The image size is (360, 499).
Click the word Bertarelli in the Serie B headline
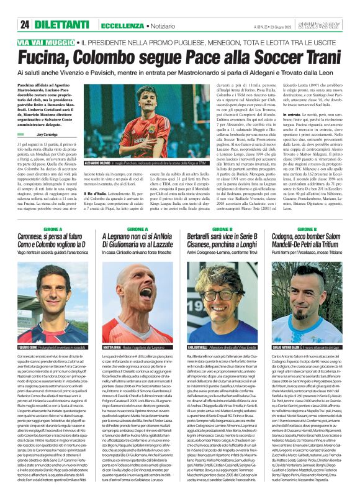tap(207, 237)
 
